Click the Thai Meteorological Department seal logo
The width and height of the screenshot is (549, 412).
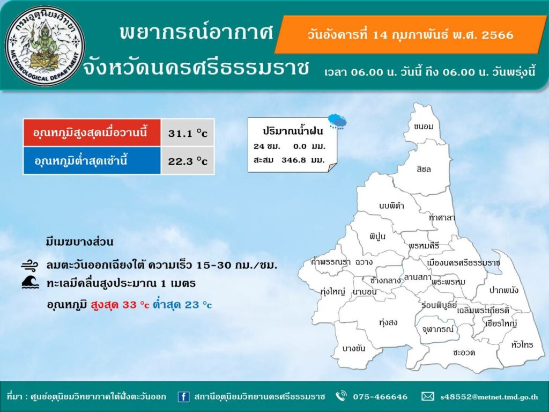click(x=45, y=46)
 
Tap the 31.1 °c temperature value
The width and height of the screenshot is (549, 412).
click(x=188, y=133)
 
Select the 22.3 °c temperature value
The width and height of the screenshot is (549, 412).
click(x=188, y=161)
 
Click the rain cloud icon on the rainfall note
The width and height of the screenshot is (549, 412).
click(x=338, y=121)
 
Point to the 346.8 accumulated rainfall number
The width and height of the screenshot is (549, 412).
click(x=293, y=160)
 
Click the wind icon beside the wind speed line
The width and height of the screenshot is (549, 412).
click(x=29, y=266)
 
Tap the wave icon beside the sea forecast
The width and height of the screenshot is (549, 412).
click(x=30, y=282)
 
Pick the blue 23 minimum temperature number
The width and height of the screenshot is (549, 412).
click(x=192, y=305)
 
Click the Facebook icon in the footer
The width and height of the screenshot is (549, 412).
click(x=183, y=396)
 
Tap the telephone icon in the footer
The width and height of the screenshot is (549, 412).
click(x=340, y=396)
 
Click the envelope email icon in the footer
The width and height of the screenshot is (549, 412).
click(x=427, y=396)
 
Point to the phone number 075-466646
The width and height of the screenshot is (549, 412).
click(x=380, y=397)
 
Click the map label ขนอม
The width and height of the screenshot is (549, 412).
click(x=424, y=127)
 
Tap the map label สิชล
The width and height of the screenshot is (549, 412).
click(x=424, y=169)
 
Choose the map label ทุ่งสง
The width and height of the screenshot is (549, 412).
click(x=388, y=322)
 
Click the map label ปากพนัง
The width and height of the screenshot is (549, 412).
click(x=503, y=290)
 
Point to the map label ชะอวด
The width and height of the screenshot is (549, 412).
click(x=464, y=352)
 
